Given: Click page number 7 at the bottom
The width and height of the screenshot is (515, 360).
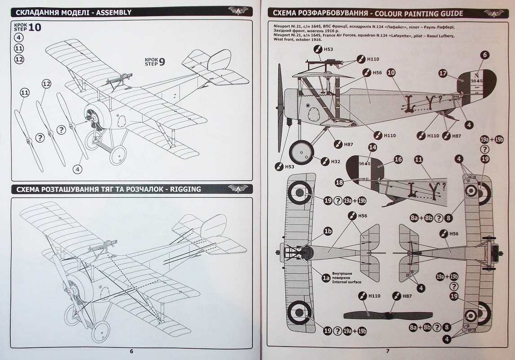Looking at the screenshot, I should [387, 351].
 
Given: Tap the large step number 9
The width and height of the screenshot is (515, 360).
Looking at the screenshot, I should [162, 62].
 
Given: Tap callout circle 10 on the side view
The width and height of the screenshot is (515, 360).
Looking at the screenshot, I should [391, 72].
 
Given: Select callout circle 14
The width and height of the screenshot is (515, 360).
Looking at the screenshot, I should [372, 147].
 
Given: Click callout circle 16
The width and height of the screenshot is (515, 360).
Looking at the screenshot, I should [398, 159].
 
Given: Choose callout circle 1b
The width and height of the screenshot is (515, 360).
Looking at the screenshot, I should [328, 231].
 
